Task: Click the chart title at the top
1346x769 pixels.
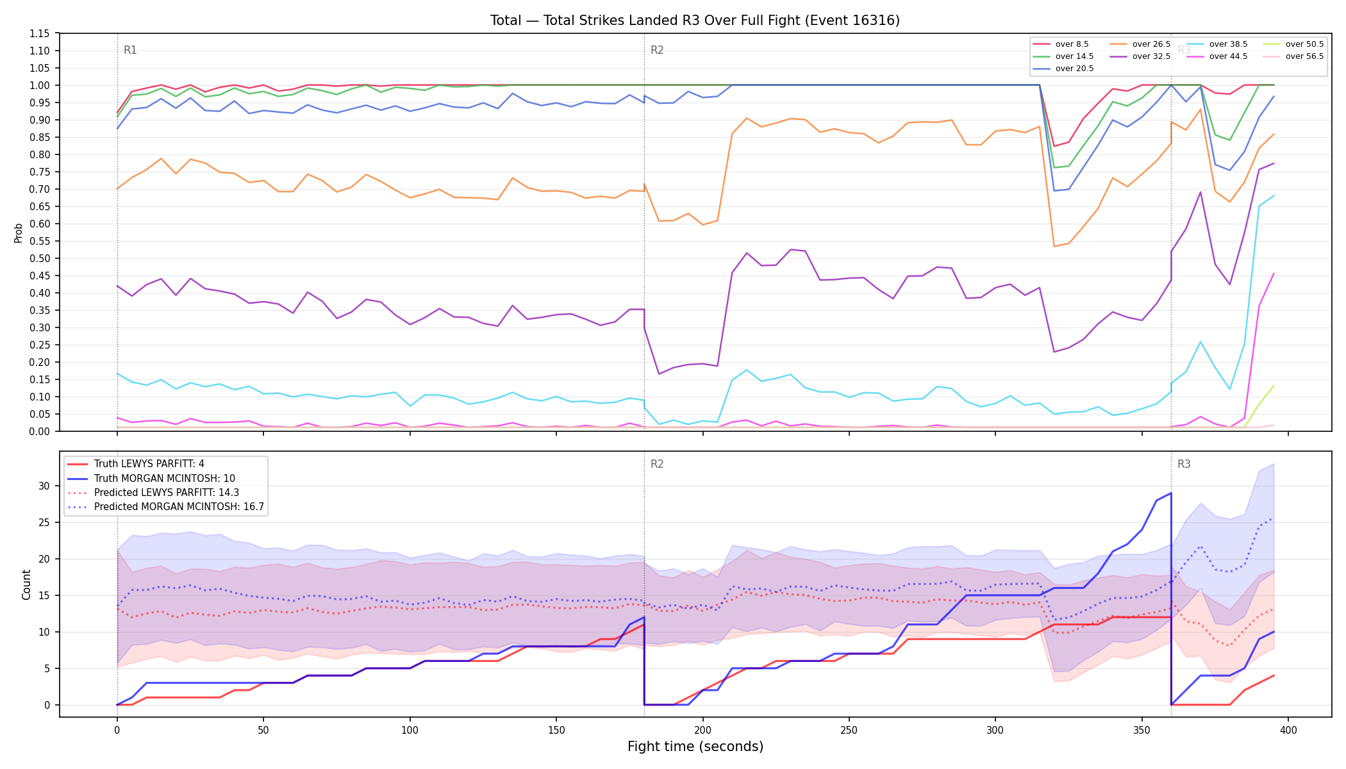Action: click(x=695, y=21)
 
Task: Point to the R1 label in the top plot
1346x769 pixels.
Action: click(x=130, y=50)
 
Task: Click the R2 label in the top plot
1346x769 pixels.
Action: click(x=657, y=50)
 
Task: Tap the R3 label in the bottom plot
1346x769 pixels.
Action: click(x=1184, y=464)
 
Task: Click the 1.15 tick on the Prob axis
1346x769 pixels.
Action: click(x=40, y=33)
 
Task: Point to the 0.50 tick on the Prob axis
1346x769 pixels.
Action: click(x=40, y=258)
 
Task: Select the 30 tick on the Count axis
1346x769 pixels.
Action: click(x=44, y=486)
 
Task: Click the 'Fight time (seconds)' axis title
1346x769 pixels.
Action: click(x=695, y=747)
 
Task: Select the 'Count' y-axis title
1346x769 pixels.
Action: click(x=26, y=584)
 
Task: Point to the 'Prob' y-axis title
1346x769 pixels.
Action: click(x=18, y=233)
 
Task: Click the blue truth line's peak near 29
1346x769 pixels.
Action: click(x=1171, y=493)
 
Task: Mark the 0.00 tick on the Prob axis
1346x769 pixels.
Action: click(x=40, y=431)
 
